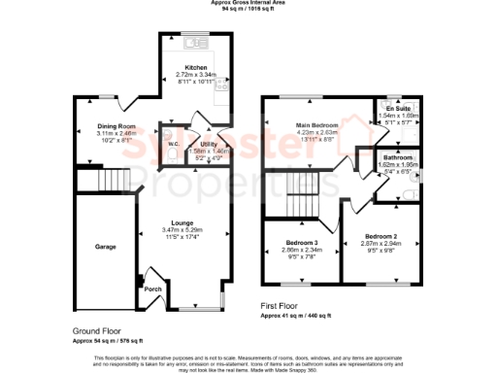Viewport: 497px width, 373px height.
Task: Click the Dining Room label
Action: click(115, 126)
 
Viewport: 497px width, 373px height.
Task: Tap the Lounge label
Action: click(182, 220)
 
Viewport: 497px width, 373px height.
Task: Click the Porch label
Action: click(152, 288)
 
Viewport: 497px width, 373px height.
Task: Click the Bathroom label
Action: click(398, 157)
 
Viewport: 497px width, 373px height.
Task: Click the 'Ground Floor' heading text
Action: click(96, 331)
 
